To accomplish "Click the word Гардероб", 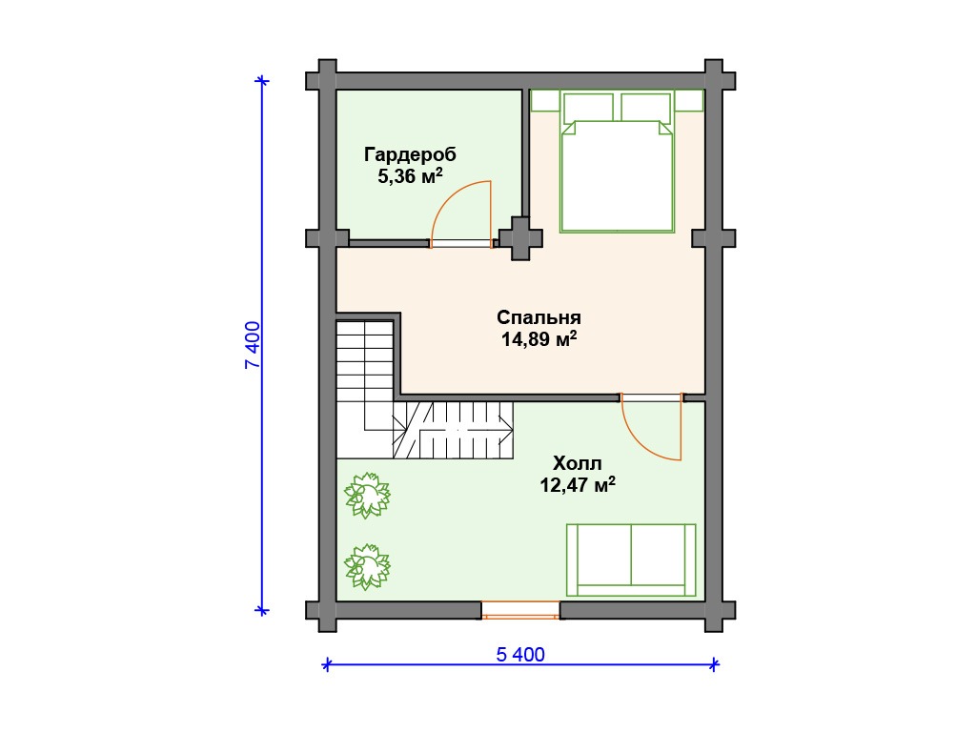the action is point(410,154).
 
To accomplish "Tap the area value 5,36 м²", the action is point(410,176).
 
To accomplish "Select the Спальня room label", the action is point(539,317).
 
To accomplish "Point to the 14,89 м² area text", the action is point(539,339).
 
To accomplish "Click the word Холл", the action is point(578,464).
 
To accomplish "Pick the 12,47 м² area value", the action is point(578,485).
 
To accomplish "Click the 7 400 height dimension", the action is point(253,345).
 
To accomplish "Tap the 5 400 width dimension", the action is point(520,654).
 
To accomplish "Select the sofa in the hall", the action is point(631,560).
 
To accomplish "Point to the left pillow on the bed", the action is point(588,107).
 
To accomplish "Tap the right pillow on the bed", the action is point(645,107).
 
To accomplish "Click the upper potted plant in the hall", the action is point(367,496).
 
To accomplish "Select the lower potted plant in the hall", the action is point(367,566).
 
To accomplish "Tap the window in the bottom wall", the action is point(520,610).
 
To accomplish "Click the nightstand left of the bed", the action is point(545,101).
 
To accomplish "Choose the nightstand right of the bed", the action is point(689,101).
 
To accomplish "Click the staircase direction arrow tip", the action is point(512,430).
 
